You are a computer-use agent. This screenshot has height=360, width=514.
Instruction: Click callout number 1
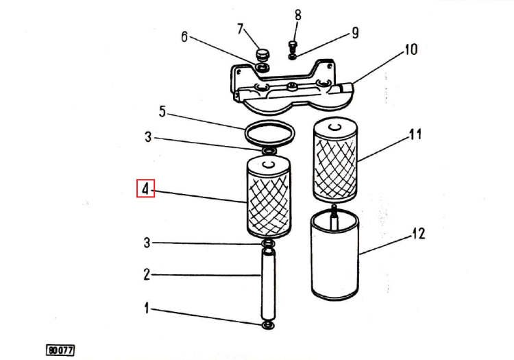click(x=147, y=308)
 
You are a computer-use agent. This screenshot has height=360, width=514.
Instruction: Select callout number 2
click(x=147, y=274)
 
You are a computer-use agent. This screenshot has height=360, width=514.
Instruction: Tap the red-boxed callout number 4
click(x=145, y=189)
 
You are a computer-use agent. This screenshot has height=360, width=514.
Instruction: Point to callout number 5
click(x=162, y=112)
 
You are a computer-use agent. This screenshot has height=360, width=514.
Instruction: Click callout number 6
click(x=184, y=37)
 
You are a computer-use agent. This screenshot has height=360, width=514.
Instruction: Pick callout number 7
click(x=241, y=29)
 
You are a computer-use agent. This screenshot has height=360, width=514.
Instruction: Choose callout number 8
click(x=297, y=15)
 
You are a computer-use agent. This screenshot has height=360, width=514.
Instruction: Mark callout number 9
click(x=355, y=33)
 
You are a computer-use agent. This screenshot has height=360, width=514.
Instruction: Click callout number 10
click(x=411, y=49)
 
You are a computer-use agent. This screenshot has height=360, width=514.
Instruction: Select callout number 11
click(x=415, y=134)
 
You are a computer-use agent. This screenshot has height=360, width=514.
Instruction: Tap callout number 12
click(x=418, y=233)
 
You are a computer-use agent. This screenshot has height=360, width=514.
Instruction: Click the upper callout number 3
click(x=148, y=136)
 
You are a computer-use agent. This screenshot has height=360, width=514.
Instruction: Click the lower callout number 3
click(x=147, y=243)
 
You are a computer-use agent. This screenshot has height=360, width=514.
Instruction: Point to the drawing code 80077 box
click(x=60, y=350)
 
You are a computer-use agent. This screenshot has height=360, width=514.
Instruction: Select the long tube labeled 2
click(x=268, y=285)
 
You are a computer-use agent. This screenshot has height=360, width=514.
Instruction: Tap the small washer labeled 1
click(x=268, y=325)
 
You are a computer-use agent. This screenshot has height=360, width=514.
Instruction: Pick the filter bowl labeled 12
click(x=334, y=255)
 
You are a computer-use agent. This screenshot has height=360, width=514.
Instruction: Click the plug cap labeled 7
click(x=262, y=55)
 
